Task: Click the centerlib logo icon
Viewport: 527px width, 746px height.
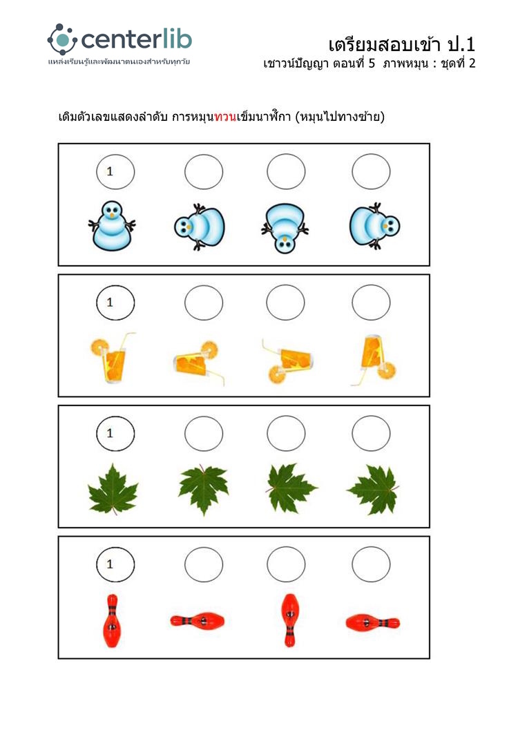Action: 62,39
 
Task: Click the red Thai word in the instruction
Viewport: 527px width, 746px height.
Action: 225,117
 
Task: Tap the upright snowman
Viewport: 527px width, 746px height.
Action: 112,225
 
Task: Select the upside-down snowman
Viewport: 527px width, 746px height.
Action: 285,228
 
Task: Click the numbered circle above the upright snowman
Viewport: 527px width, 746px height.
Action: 115,171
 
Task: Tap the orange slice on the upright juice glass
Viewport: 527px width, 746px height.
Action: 100,347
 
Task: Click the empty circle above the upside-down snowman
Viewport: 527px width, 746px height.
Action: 286,171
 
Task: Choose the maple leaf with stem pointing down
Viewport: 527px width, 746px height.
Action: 113,490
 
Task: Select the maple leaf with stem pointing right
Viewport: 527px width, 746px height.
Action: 375,490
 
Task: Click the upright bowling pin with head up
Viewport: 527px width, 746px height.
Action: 112,620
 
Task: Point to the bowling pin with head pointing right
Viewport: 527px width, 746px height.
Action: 372,622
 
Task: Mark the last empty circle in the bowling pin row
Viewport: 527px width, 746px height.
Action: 371,564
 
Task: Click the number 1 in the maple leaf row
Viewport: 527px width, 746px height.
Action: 110,433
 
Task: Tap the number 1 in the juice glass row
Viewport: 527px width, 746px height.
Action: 110,302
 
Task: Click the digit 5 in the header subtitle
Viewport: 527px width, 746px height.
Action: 372,64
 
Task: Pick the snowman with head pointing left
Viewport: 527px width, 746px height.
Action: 200,227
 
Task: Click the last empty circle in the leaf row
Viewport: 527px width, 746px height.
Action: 371,433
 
